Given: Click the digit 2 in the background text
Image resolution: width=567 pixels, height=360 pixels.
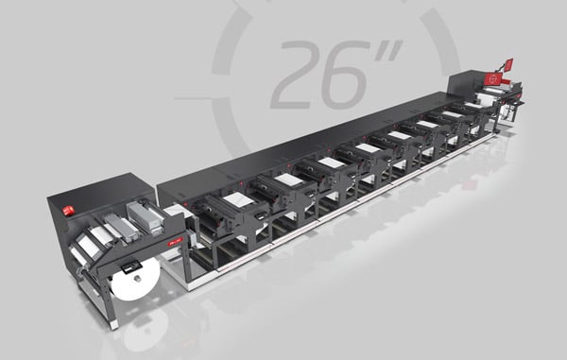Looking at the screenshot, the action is [x=297, y=74].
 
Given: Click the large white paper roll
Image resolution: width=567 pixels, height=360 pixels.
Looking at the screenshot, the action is [x=135, y=279].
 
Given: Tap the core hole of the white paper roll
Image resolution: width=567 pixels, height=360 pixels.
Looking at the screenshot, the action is [x=137, y=279].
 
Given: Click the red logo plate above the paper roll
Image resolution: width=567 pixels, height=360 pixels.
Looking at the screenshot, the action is [x=176, y=242].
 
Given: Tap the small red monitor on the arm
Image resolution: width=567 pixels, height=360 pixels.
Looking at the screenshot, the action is [x=508, y=64].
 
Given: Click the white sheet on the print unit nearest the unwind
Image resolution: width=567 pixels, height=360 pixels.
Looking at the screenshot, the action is [x=239, y=199].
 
